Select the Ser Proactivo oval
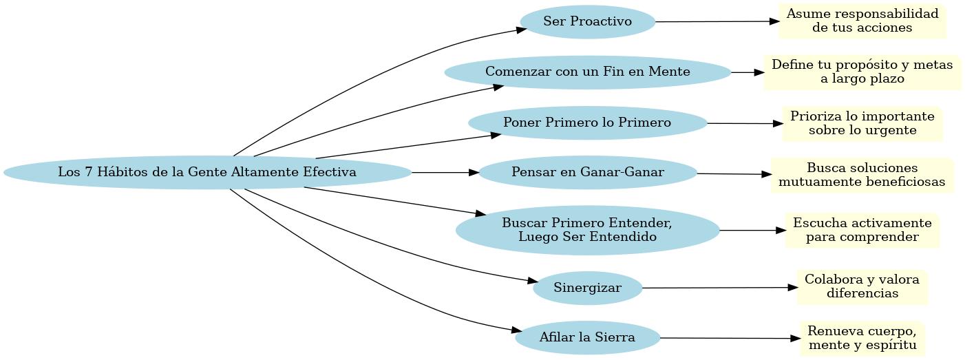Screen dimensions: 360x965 587,21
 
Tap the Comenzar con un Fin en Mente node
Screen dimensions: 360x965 587,72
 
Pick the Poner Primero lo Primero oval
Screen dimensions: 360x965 587,123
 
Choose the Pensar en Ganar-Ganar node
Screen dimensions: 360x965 587,172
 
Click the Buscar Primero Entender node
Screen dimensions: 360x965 587,230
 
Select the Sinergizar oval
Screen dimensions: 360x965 587,288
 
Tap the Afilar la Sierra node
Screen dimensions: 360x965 587,338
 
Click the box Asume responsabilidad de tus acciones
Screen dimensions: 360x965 862,22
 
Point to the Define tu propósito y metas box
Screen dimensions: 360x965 862,72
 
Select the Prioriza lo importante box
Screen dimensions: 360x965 862,123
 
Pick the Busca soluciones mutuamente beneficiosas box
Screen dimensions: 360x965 862,176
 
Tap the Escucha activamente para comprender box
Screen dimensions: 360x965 862,230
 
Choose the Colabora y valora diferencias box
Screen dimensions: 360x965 862,287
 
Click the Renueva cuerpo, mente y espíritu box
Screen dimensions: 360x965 862,338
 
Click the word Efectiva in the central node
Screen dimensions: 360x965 329,172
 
